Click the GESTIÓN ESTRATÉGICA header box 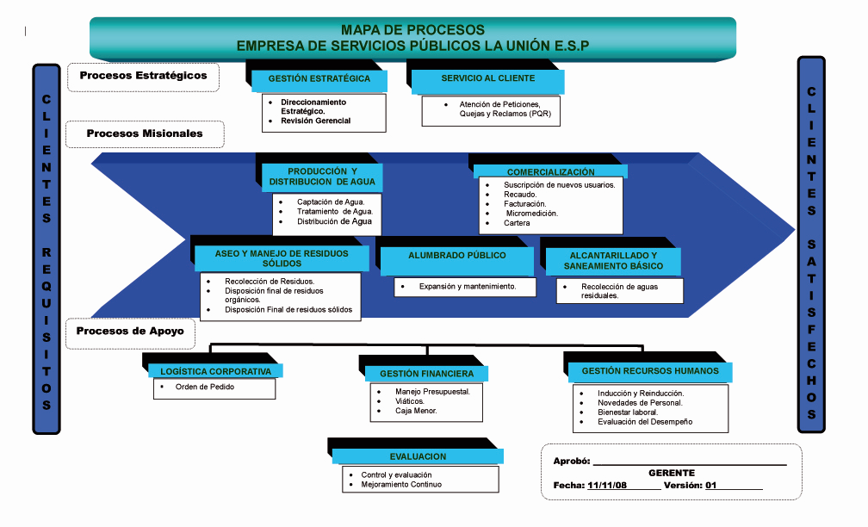tap(319, 78)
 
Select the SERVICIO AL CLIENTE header tap(487, 78)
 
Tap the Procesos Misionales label tap(145, 133)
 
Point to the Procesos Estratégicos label tap(143, 76)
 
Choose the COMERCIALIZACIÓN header tap(550, 172)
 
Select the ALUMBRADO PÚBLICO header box tap(456, 256)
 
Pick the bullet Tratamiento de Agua tap(334, 212)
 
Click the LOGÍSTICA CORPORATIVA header tap(215, 372)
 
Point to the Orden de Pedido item tap(204, 387)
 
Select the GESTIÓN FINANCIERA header tap(426, 375)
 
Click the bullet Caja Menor tap(416, 411)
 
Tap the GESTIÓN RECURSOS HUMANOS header tap(649, 371)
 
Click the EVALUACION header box tap(418, 456)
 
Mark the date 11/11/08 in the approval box tap(606, 485)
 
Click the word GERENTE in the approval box tap(671, 473)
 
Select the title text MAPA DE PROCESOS tap(412, 30)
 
